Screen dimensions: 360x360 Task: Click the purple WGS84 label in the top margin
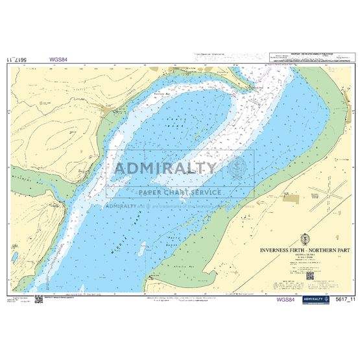(57, 60)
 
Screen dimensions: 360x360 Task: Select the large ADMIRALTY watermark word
(165, 169)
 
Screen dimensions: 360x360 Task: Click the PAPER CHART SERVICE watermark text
(179, 193)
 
